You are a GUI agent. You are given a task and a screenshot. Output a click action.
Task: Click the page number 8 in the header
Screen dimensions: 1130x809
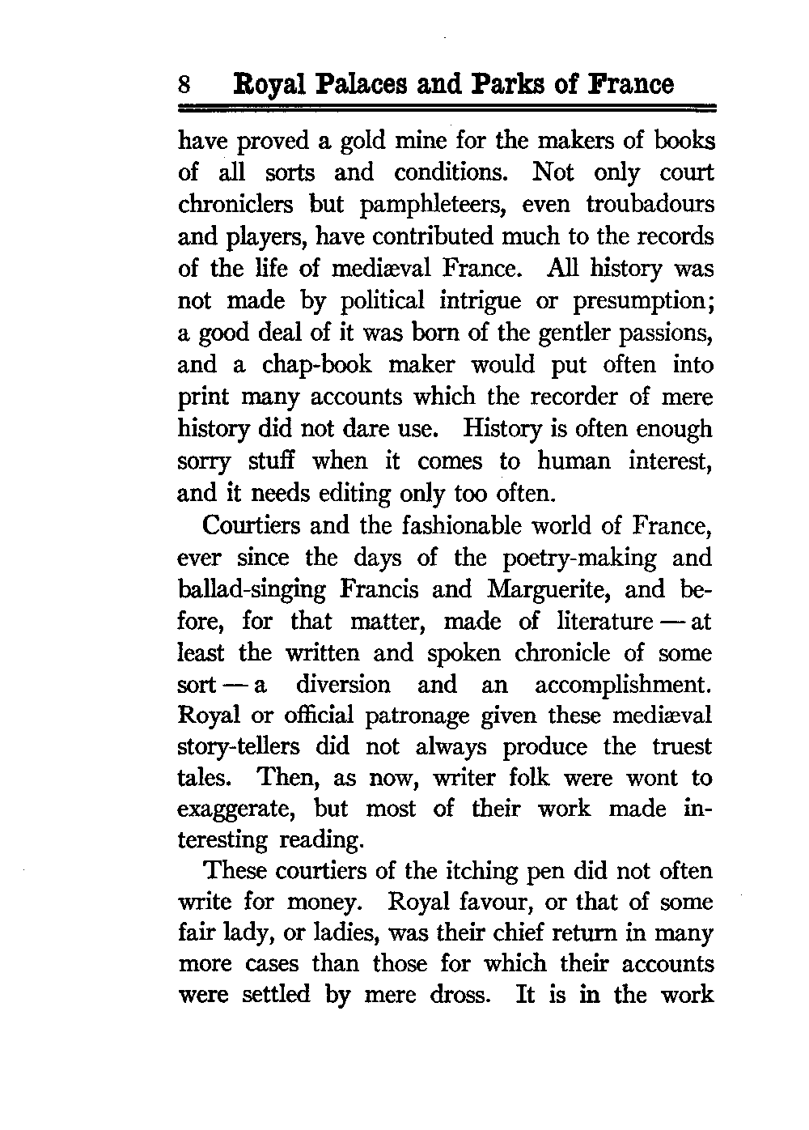point(185,85)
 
